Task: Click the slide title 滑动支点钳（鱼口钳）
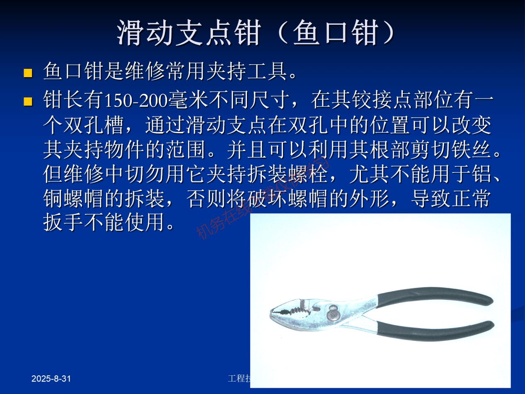[x=255, y=33]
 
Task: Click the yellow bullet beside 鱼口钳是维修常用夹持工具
[x=28, y=73]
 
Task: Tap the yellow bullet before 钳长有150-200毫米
[x=28, y=101]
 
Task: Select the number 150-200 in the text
[x=135, y=101]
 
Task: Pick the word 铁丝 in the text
[x=472, y=151]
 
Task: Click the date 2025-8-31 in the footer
[x=52, y=379]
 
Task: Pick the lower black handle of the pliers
[x=435, y=332]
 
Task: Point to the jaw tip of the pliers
[x=274, y=312]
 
